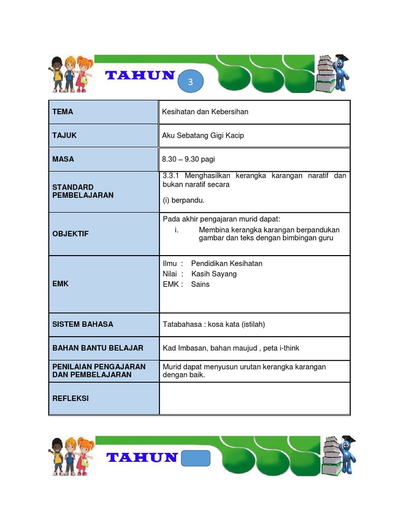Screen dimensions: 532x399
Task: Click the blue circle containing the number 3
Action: point(191,82)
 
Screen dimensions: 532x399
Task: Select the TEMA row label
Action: point(63,112)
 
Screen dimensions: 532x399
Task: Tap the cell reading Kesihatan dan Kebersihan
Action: point(205,112)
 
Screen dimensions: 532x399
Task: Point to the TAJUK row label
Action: point(64,136)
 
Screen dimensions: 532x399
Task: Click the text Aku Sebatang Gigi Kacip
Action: point(203,136)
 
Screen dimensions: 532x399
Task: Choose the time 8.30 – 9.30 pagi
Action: point(188,159)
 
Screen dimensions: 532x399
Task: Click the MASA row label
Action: point(63,159)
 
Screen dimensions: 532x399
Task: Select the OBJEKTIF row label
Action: point(71,234)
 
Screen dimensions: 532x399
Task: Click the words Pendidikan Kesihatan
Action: point(227,263)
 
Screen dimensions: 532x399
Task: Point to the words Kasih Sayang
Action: point(214,274)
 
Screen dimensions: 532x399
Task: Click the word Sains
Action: point(201,284)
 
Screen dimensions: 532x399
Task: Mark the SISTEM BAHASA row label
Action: point(83,324)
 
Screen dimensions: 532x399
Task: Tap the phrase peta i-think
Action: point(281,348)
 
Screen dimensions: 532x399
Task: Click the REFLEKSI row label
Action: point(71,398)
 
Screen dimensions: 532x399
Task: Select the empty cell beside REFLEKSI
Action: point(255,398)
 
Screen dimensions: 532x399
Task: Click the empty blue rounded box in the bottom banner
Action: point(196,458)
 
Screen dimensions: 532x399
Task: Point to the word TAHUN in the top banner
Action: point(140,76)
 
